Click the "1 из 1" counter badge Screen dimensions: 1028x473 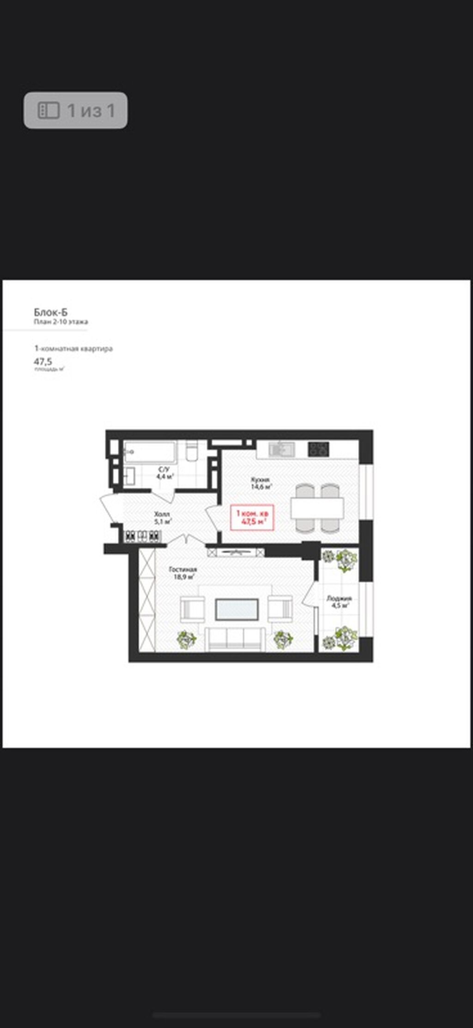tap(76, 110)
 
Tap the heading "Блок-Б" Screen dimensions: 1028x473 tap(51, 312)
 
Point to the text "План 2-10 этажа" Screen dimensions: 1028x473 tap(61, 322)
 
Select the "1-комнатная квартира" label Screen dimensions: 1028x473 tap(73, 349)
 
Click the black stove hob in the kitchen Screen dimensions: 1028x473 tap(319, 448)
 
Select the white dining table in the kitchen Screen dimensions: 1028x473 tap(317, 508)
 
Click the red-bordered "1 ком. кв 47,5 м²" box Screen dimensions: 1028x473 tap(252, 517)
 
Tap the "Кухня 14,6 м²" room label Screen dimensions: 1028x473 tap(261, 483)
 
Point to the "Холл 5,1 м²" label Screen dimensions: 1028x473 tap(163, 518)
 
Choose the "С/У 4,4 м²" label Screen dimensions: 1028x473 tap(164, 472)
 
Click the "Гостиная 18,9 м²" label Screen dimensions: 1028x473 tap(183, 573)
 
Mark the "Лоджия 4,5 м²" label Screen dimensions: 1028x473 tap(340, 601)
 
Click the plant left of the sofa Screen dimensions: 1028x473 tap(186, 640)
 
